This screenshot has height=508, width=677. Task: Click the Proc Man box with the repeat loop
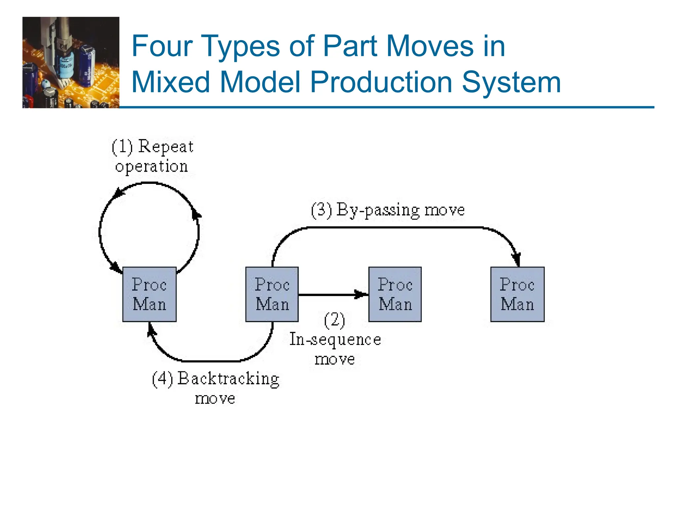[149, 294]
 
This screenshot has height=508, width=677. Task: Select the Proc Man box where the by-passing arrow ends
[517, 294]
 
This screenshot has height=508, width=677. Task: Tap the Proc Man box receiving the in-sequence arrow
[395, 294]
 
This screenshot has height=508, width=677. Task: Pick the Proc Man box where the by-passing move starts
[272, 294]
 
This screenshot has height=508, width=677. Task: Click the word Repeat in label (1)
[166, 147]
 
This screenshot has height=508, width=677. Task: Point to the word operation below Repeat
[151, 166]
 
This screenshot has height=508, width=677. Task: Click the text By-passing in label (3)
[378, 210]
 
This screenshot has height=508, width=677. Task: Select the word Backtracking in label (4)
[228, 379]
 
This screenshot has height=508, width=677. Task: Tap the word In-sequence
[335, 340]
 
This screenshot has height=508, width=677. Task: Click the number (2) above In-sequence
[335, 320]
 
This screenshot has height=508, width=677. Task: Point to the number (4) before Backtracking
[162, 379]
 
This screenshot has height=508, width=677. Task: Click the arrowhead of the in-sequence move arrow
[361, 294]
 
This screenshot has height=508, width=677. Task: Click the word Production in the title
[381, 82]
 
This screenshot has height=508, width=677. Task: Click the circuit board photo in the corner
[71, 63]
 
